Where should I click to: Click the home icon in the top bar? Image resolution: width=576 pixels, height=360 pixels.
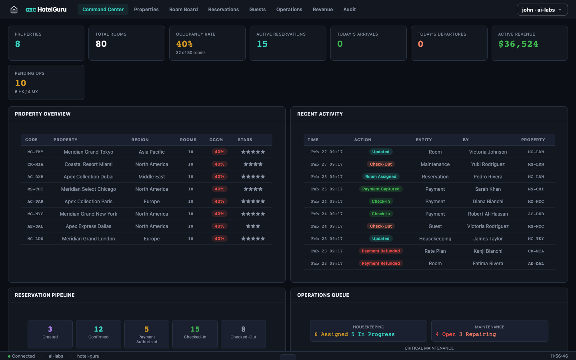[14, 10]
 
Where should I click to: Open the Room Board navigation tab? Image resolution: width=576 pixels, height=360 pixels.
[183, 10]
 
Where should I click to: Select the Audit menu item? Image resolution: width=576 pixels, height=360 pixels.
[349, 10]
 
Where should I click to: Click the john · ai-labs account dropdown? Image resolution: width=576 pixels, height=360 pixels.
[542, 10]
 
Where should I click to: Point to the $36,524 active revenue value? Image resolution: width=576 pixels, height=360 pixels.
[518, 44]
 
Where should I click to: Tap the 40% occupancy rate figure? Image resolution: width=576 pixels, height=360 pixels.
[184, 44]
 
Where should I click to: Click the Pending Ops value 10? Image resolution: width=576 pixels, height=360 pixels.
[21, 83]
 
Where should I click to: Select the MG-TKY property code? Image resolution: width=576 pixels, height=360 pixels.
[35, 152]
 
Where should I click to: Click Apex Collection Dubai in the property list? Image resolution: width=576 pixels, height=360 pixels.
[88, 177]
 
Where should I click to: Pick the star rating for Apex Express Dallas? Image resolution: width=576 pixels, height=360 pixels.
[253, 226]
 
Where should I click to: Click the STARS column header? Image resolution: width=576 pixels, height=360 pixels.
[245, 140]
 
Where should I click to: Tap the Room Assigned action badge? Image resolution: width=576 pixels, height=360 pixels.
[380, 177]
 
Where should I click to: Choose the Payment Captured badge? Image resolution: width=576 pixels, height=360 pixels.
[380, 189]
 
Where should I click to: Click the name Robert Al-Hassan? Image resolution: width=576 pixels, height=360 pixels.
[488, 214]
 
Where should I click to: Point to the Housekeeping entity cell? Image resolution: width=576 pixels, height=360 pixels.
[435, 239]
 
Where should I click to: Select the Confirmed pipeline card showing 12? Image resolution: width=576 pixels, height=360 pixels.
[98, 334]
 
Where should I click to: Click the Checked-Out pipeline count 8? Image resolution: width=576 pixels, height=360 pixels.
[243, 329]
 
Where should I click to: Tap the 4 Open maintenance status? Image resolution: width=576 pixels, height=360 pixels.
[446, 334]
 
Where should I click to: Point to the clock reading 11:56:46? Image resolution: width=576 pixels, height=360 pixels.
[558, 356]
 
